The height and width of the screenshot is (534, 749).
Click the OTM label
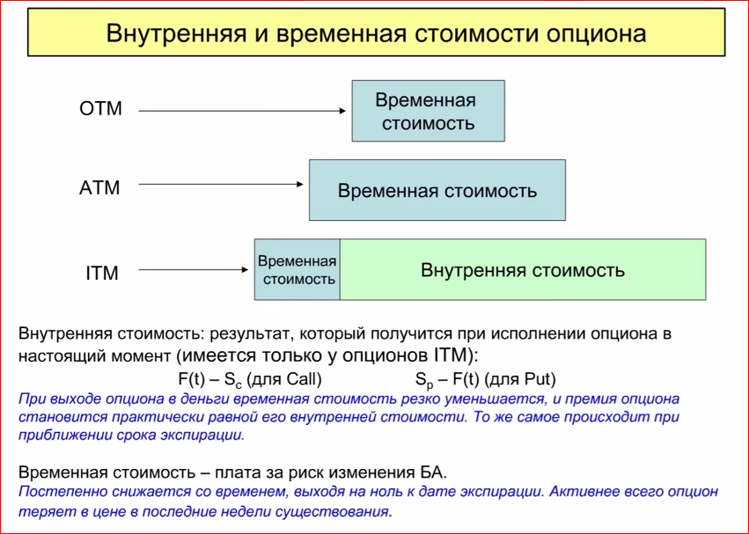(x=100, y=110)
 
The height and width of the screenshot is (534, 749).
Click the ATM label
(x=99, y=187)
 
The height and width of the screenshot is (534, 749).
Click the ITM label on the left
(x=102, y=273)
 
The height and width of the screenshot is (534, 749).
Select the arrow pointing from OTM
(x=241, y=111)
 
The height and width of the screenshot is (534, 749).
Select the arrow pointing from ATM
(x=220, y=185)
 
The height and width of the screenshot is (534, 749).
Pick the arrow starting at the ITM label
(x=195, y=271)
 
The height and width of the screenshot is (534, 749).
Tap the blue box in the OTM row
(x=428, y=111)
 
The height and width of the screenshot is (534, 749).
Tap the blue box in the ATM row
(x=437, y=190)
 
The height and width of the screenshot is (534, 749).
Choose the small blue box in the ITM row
(x=297, y=270)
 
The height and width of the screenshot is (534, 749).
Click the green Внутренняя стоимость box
(x=523, y=270)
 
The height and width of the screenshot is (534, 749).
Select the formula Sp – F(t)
(x=448, y=380)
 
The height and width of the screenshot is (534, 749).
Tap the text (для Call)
(x=283, y=380)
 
